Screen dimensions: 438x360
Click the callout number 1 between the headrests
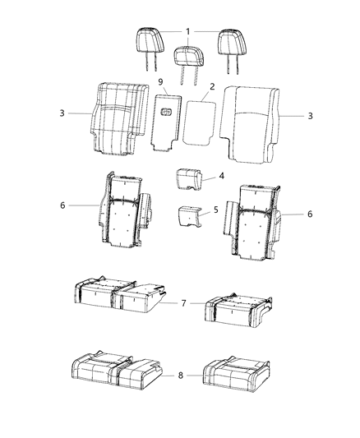click(x=188, y=31)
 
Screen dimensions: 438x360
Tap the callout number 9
click(x=160, y=84)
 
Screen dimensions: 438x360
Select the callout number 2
click(x=212, y=86)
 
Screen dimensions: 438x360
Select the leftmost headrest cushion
click(x=149, y=39)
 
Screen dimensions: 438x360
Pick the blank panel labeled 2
click(x=199, y=120)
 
